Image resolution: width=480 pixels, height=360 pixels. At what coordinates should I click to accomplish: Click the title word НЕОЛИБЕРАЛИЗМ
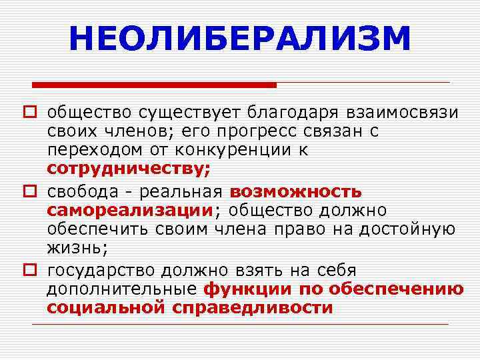[x=240, y=39]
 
